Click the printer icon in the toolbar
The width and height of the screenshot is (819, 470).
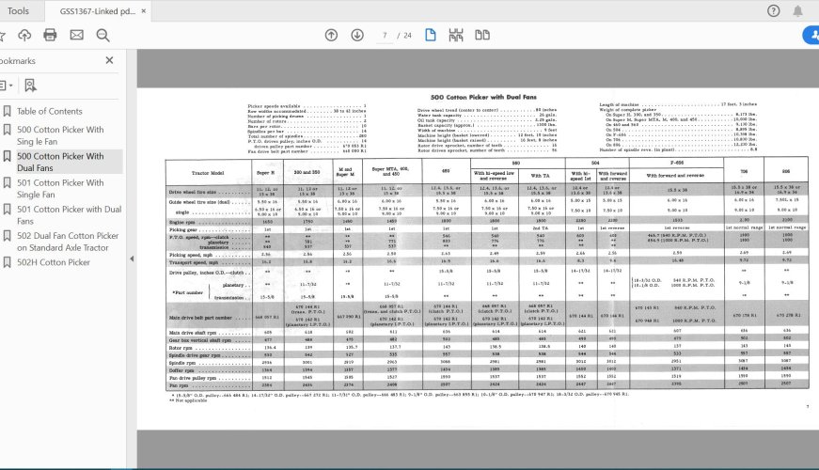coord(50,35)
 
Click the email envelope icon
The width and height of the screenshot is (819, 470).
coord(76,35)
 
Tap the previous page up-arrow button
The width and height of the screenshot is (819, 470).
coord(331,35)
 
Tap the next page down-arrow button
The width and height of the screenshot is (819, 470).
coord(357,35)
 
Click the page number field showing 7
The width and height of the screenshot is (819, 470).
coord(386,35)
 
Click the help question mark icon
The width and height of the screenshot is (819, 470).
coord(773,10)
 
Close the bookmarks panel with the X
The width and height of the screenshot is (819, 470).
coord(109,60)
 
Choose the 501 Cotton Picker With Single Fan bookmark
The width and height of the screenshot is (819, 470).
coord(60,189)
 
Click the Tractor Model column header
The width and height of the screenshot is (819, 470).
coord(204,175)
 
